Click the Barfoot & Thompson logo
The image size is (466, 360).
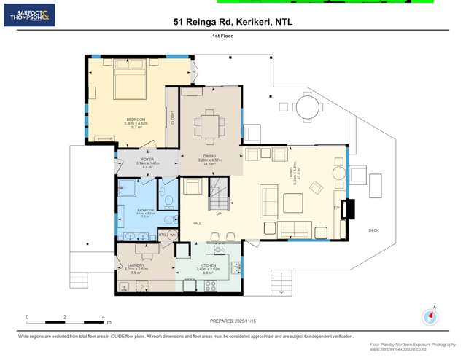[29, 15]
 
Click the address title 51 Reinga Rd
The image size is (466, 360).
[233, 22]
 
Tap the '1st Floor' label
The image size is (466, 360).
[222, 36]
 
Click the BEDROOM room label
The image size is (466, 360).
[136, 120]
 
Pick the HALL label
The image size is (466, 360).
[197, 223]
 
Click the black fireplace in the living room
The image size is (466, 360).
[349, 208]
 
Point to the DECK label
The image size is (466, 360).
[373, 230]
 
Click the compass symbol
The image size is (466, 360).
[430, 317]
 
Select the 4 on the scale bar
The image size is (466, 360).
[103, 317]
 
